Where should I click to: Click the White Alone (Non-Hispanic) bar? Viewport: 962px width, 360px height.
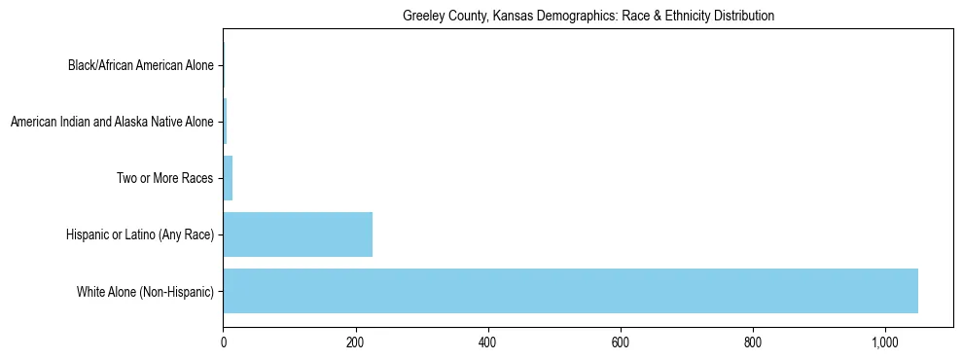(570, 291)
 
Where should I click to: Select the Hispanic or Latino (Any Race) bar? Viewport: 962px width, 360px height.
(298, 234)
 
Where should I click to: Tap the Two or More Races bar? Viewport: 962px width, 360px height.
(228, 178)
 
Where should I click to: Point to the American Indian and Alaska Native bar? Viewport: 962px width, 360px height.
(225, 122)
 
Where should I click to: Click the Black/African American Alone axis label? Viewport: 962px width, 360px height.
(140, 66)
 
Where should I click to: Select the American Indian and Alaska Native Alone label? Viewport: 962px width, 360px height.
(111, 123)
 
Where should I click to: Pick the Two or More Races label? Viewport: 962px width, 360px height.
(164, 179)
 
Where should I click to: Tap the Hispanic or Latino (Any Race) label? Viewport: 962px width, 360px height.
(139, 235)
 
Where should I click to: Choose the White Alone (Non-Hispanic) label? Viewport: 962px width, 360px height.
(145, 292)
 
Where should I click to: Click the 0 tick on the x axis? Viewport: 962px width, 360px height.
(223, 342)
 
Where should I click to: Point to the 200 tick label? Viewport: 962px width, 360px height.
(355, 342)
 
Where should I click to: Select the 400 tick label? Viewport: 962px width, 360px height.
(487, 342)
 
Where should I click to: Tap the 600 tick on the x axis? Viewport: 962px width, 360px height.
(620, 342)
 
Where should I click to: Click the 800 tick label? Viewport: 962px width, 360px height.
(752, 342)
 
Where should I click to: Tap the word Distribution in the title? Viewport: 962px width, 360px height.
(744, 17)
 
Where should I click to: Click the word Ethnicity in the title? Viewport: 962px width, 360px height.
(682, 17)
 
